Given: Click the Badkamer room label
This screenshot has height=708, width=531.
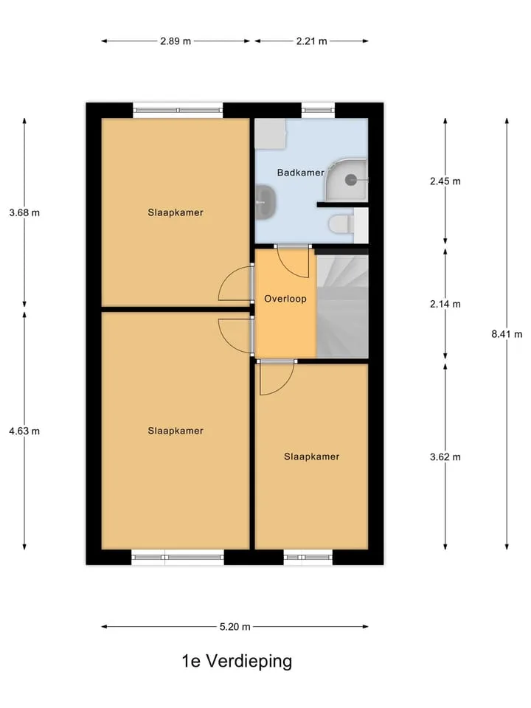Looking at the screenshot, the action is pos(300,173).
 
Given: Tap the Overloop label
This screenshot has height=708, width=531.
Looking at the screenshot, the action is pos(285,299).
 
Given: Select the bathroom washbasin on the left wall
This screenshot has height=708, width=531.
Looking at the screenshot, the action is pos(266,202).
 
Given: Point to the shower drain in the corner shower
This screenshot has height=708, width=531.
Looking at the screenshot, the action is pos(351,180).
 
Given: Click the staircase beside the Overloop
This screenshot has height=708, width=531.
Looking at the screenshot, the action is pos(342,306).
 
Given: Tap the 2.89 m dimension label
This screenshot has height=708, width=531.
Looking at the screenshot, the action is pos(176,41).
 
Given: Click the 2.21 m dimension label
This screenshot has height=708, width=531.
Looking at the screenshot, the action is pos(311,41).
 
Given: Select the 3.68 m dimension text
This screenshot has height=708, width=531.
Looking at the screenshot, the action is pos(24,212).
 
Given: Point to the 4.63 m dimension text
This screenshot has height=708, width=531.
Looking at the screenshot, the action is pos(24,431).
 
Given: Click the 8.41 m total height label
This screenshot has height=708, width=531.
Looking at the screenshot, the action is pos(507,334).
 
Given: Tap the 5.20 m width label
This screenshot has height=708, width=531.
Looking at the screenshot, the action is pos(235,627).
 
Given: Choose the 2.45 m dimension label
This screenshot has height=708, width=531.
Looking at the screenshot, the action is pos(445,181).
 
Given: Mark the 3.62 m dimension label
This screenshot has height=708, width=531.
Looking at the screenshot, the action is pos(445,457).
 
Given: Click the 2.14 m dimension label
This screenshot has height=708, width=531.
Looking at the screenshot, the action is pos(445,304).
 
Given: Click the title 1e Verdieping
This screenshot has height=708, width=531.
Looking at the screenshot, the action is pos(237,661).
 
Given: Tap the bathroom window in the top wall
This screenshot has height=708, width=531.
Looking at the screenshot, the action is pos(318,110).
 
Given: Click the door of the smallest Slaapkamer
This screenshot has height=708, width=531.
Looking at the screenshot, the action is pos(277,378).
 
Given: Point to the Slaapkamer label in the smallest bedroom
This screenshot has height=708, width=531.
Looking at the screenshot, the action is pos(311,457).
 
